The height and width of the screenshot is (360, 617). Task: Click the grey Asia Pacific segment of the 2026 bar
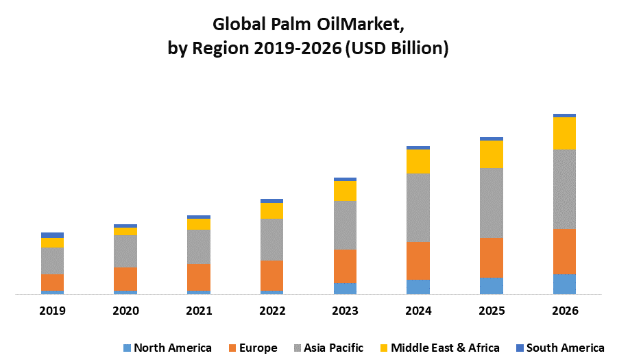click(x=564, y=189)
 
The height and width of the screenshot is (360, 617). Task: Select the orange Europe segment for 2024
click(x=418, y=261)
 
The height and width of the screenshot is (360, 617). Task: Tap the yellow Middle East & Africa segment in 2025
click(x=492, y=154)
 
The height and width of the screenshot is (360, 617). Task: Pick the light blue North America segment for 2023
click(x=345, y=289)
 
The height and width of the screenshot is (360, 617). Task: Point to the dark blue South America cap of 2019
click(x=52, y=235)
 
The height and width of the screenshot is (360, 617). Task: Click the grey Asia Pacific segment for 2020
click(x=125, y=251)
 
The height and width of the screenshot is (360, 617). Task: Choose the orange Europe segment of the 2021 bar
click(x=199, y=277)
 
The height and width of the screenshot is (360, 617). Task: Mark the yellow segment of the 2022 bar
click(x=271, y=211)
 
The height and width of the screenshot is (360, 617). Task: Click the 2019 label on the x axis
click(x=52, y=311)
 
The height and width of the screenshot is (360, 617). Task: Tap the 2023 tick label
click(x=345, y=311)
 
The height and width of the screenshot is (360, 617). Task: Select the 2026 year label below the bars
click(x=564, y=311)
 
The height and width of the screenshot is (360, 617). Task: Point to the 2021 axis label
click(x=199, y=311)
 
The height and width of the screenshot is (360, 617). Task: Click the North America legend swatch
click(x=126, y=348)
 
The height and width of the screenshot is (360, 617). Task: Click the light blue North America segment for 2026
click(x=564, y=284)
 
